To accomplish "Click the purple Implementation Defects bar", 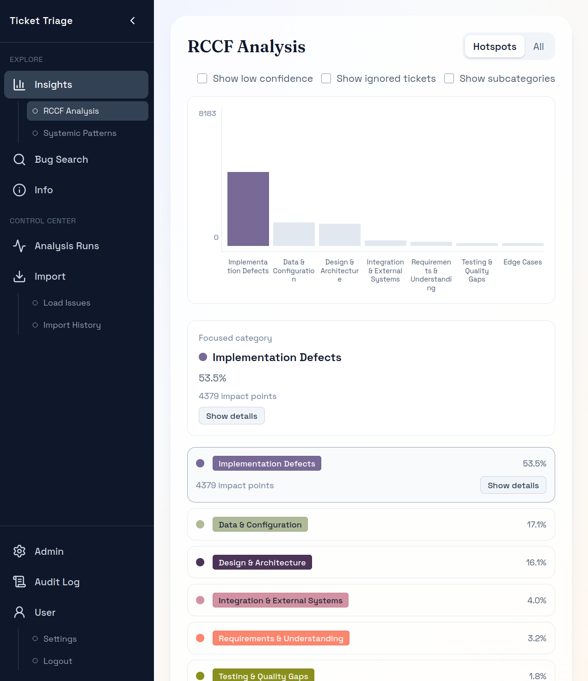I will (248, 209).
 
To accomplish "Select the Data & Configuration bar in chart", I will (294, 234).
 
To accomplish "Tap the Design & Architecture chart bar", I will (340, 235).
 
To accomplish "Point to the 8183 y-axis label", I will (207, 114).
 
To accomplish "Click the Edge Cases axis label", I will (522, 262).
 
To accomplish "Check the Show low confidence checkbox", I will (202, 79).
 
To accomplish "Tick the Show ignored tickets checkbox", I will (326, 79).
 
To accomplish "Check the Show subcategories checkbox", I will (449, 79).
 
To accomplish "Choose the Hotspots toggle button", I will (495, 47).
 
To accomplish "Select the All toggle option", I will (539, 47).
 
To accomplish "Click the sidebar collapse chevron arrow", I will (133, 21).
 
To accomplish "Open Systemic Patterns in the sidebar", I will (80, 133).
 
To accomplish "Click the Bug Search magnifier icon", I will (19, 160).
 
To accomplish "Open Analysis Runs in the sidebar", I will (67, 246).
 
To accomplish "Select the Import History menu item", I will (72, 325).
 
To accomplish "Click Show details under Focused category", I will (232, 416).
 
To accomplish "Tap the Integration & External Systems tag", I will (280, 601).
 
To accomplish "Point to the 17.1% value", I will (536, 525).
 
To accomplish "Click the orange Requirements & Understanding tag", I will (281, 638).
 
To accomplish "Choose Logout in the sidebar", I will (58, 661).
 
